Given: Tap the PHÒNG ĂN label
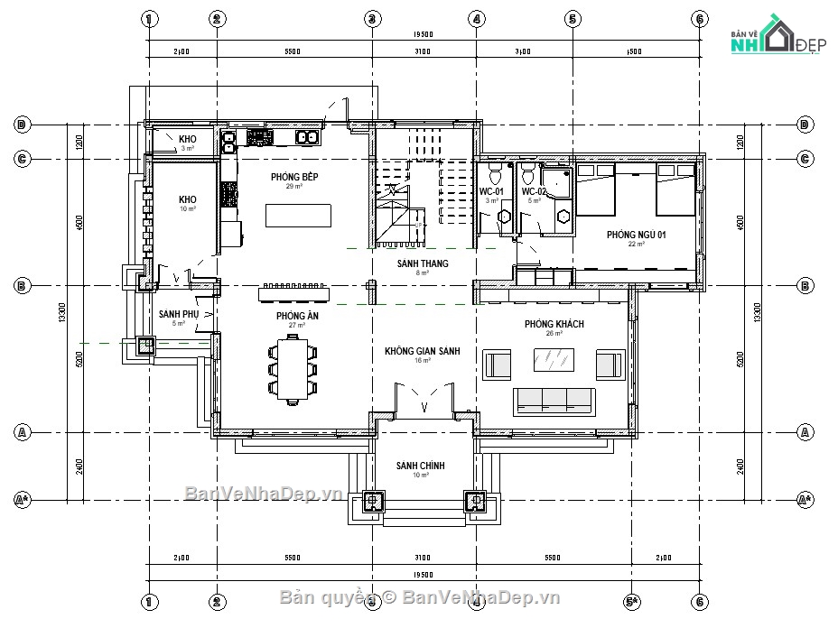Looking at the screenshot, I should (x=297, y=317).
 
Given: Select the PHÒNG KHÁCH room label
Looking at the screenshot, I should (x=554, y=324).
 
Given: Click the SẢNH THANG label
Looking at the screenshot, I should (x=422, y=263).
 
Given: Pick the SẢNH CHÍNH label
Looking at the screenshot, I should (x=420, y=466).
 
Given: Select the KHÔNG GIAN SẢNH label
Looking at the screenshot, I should (x=421, y=350).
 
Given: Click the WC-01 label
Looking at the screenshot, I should (x=491, y=192).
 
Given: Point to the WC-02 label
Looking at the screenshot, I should (x=534, y=192).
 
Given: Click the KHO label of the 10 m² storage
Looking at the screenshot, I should (x=187, y=199).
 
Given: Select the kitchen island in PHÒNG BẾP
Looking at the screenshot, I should (x=297, y=217).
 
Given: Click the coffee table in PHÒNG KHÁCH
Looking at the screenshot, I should (x=554, y=362).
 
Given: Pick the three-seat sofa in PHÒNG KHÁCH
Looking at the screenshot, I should (x=554, y=400).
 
